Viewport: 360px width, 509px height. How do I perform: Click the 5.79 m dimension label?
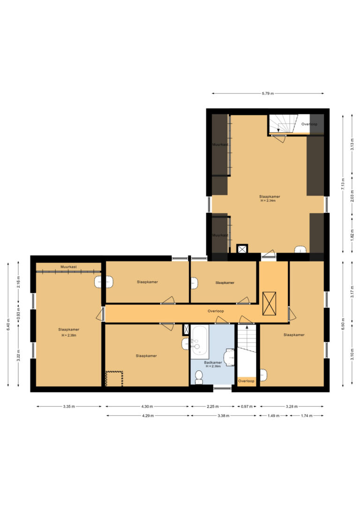point(268,93)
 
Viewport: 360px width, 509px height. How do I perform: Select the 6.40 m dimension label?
point(8,324)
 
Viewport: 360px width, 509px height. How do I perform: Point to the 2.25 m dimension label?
point(213,406)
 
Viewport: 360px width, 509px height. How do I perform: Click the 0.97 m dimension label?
point(247,406)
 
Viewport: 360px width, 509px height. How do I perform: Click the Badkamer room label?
point(213,362)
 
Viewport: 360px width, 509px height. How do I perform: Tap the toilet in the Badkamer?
point(199,377)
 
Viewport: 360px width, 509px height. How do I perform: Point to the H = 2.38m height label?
point(69,335)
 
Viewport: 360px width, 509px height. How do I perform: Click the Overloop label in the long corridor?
point(216,311)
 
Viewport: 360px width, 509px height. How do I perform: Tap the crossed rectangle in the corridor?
point(269,304)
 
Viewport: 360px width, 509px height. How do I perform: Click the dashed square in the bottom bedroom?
point(114,379)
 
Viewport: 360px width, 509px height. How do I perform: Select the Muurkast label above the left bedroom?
point(68,267)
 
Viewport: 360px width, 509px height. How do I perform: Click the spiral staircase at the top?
point(283,124)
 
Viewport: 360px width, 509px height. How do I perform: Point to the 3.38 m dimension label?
point(223,416)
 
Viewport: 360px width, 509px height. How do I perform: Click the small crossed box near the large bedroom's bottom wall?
point(242,249)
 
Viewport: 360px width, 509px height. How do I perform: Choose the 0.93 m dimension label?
point(18,314)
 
